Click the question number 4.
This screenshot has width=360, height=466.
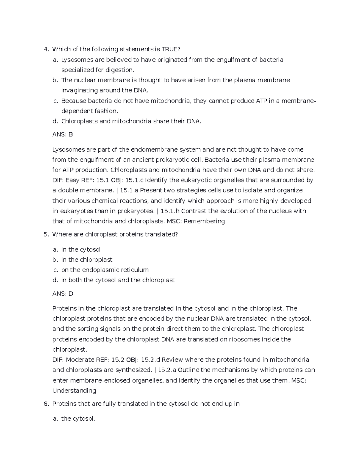[46, 49]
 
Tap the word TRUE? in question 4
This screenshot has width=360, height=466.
[172, 49]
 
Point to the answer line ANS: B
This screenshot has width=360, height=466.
[62, 134]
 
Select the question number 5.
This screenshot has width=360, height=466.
[46, 234]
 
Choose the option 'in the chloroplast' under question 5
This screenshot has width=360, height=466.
[87, 260]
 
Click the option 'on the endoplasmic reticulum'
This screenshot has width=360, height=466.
[105, 270]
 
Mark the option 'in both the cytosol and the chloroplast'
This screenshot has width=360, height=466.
[118, 280]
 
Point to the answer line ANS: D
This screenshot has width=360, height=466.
[63, 293]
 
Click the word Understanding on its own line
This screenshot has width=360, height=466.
[74, 391]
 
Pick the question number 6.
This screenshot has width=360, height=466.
[46, 404]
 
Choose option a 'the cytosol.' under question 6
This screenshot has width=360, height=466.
[78, 419]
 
